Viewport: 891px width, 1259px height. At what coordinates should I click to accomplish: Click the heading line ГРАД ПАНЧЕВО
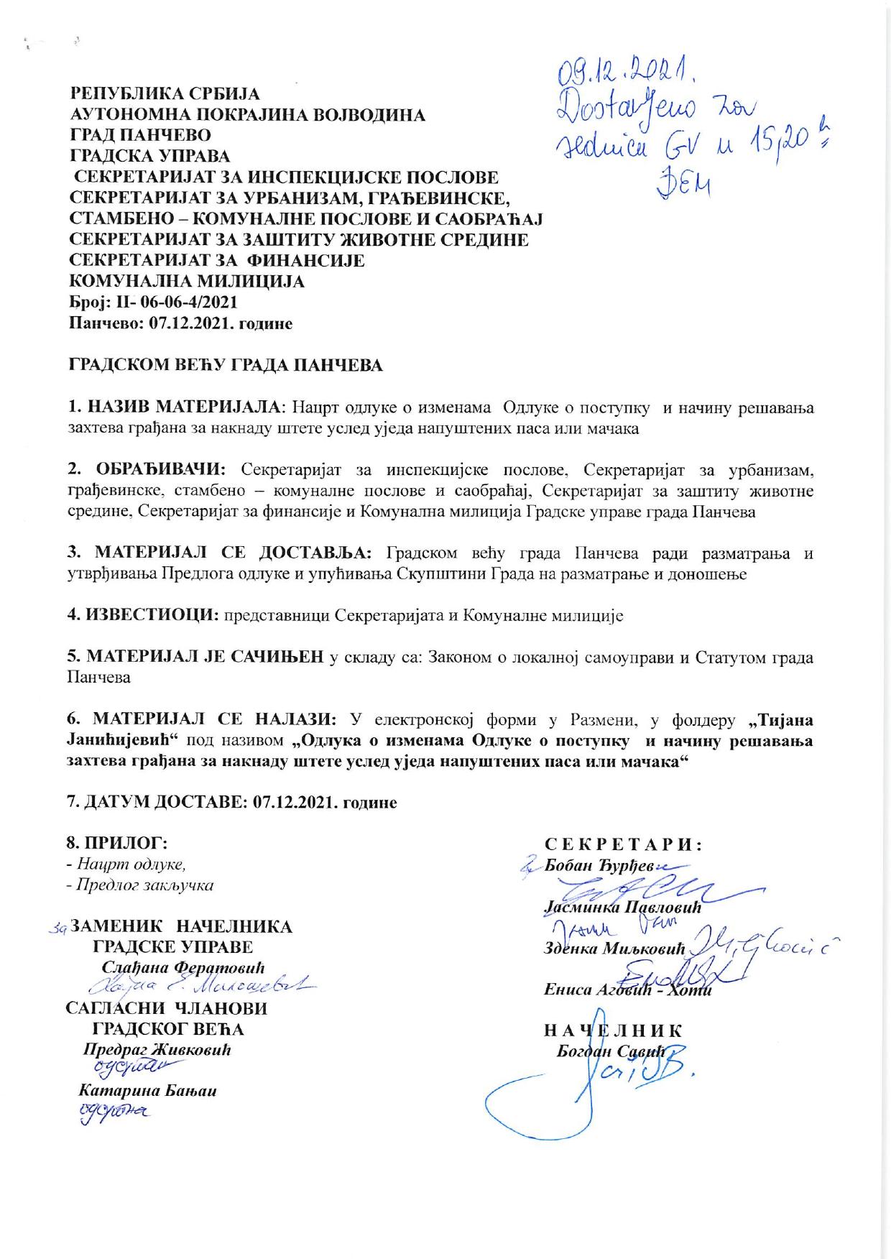139,136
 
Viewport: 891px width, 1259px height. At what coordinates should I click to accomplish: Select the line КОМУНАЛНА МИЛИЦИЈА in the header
186,282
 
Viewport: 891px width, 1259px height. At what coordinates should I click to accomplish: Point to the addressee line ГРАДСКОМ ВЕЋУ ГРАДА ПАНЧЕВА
225,365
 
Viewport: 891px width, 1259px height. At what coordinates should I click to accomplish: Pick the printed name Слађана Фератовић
184,967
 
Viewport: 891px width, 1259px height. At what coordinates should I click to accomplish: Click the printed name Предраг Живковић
157,1049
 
